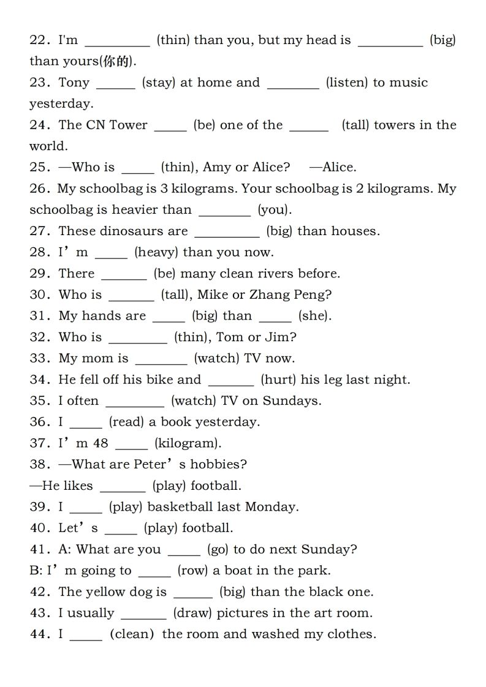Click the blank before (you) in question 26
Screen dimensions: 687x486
[225, 210]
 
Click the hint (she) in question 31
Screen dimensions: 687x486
[314, 316]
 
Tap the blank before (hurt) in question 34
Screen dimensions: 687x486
[231, 380]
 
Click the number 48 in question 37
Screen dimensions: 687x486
[101, 443]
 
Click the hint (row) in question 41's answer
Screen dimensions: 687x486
[193, 571]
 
